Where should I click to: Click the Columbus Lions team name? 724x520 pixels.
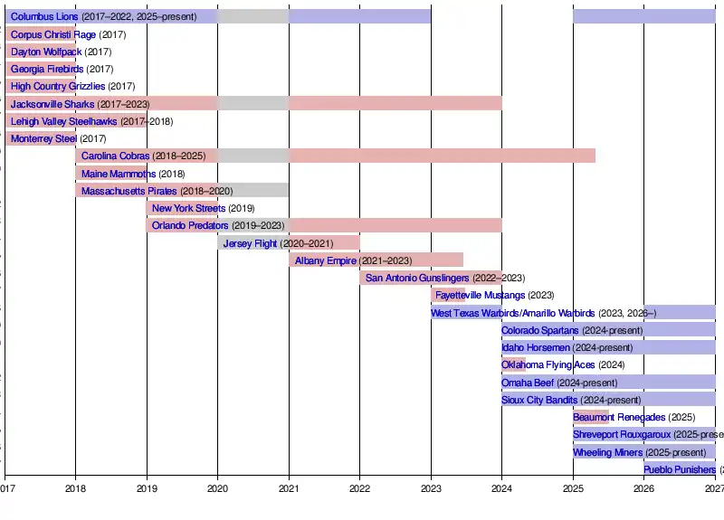(44, 16)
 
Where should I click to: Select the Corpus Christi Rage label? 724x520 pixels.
(52, 34)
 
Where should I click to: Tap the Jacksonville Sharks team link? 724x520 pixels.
(52, 104)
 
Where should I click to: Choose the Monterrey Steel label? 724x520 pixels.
(43, 138)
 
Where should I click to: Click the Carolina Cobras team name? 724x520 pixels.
(115, 156)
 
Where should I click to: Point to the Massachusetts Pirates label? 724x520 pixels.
(129, 191)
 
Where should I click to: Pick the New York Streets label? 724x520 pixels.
(188, 208)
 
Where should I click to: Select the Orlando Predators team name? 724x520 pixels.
(190, 225)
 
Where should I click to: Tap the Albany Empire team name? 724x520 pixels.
(326, 260)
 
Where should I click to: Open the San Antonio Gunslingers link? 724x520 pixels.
(417, 278)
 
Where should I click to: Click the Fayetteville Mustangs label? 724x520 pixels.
(480, 295)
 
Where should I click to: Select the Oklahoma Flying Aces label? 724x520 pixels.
(548, 364)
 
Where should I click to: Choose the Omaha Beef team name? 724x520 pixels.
(527, 382)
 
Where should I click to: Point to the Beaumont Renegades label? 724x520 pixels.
(619, 417)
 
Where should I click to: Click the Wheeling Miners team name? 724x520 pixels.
(607, 452)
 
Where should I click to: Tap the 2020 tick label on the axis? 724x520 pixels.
(217, 488)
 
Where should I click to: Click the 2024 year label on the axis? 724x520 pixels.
(501, 488)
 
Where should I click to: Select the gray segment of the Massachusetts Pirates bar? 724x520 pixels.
(253, 191)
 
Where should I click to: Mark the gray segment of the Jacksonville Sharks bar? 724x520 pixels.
(253, 104)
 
